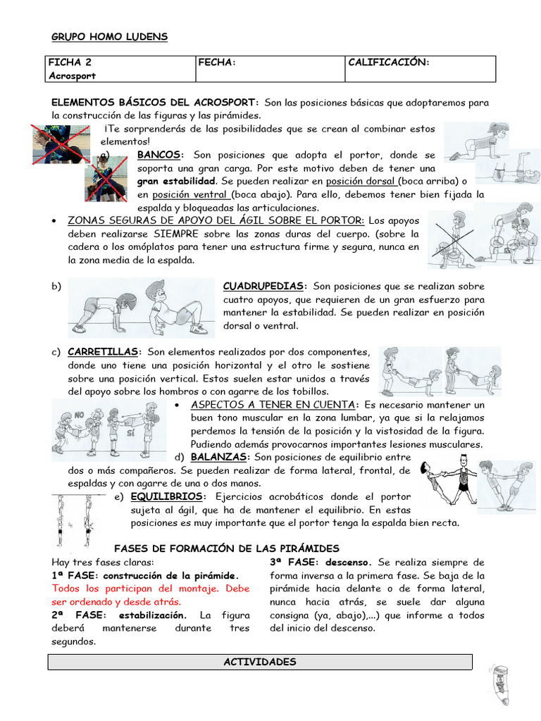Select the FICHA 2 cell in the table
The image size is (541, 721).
point(70,63)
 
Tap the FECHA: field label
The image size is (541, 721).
point(216,63)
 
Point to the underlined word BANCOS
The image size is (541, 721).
point(159,154)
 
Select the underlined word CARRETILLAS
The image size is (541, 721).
point(104,351)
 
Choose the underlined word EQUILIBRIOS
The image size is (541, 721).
point(167,496)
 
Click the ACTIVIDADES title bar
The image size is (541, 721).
point(259,662)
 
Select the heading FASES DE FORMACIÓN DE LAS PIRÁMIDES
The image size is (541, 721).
point(226,548)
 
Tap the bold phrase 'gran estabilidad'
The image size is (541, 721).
point(176,181)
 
